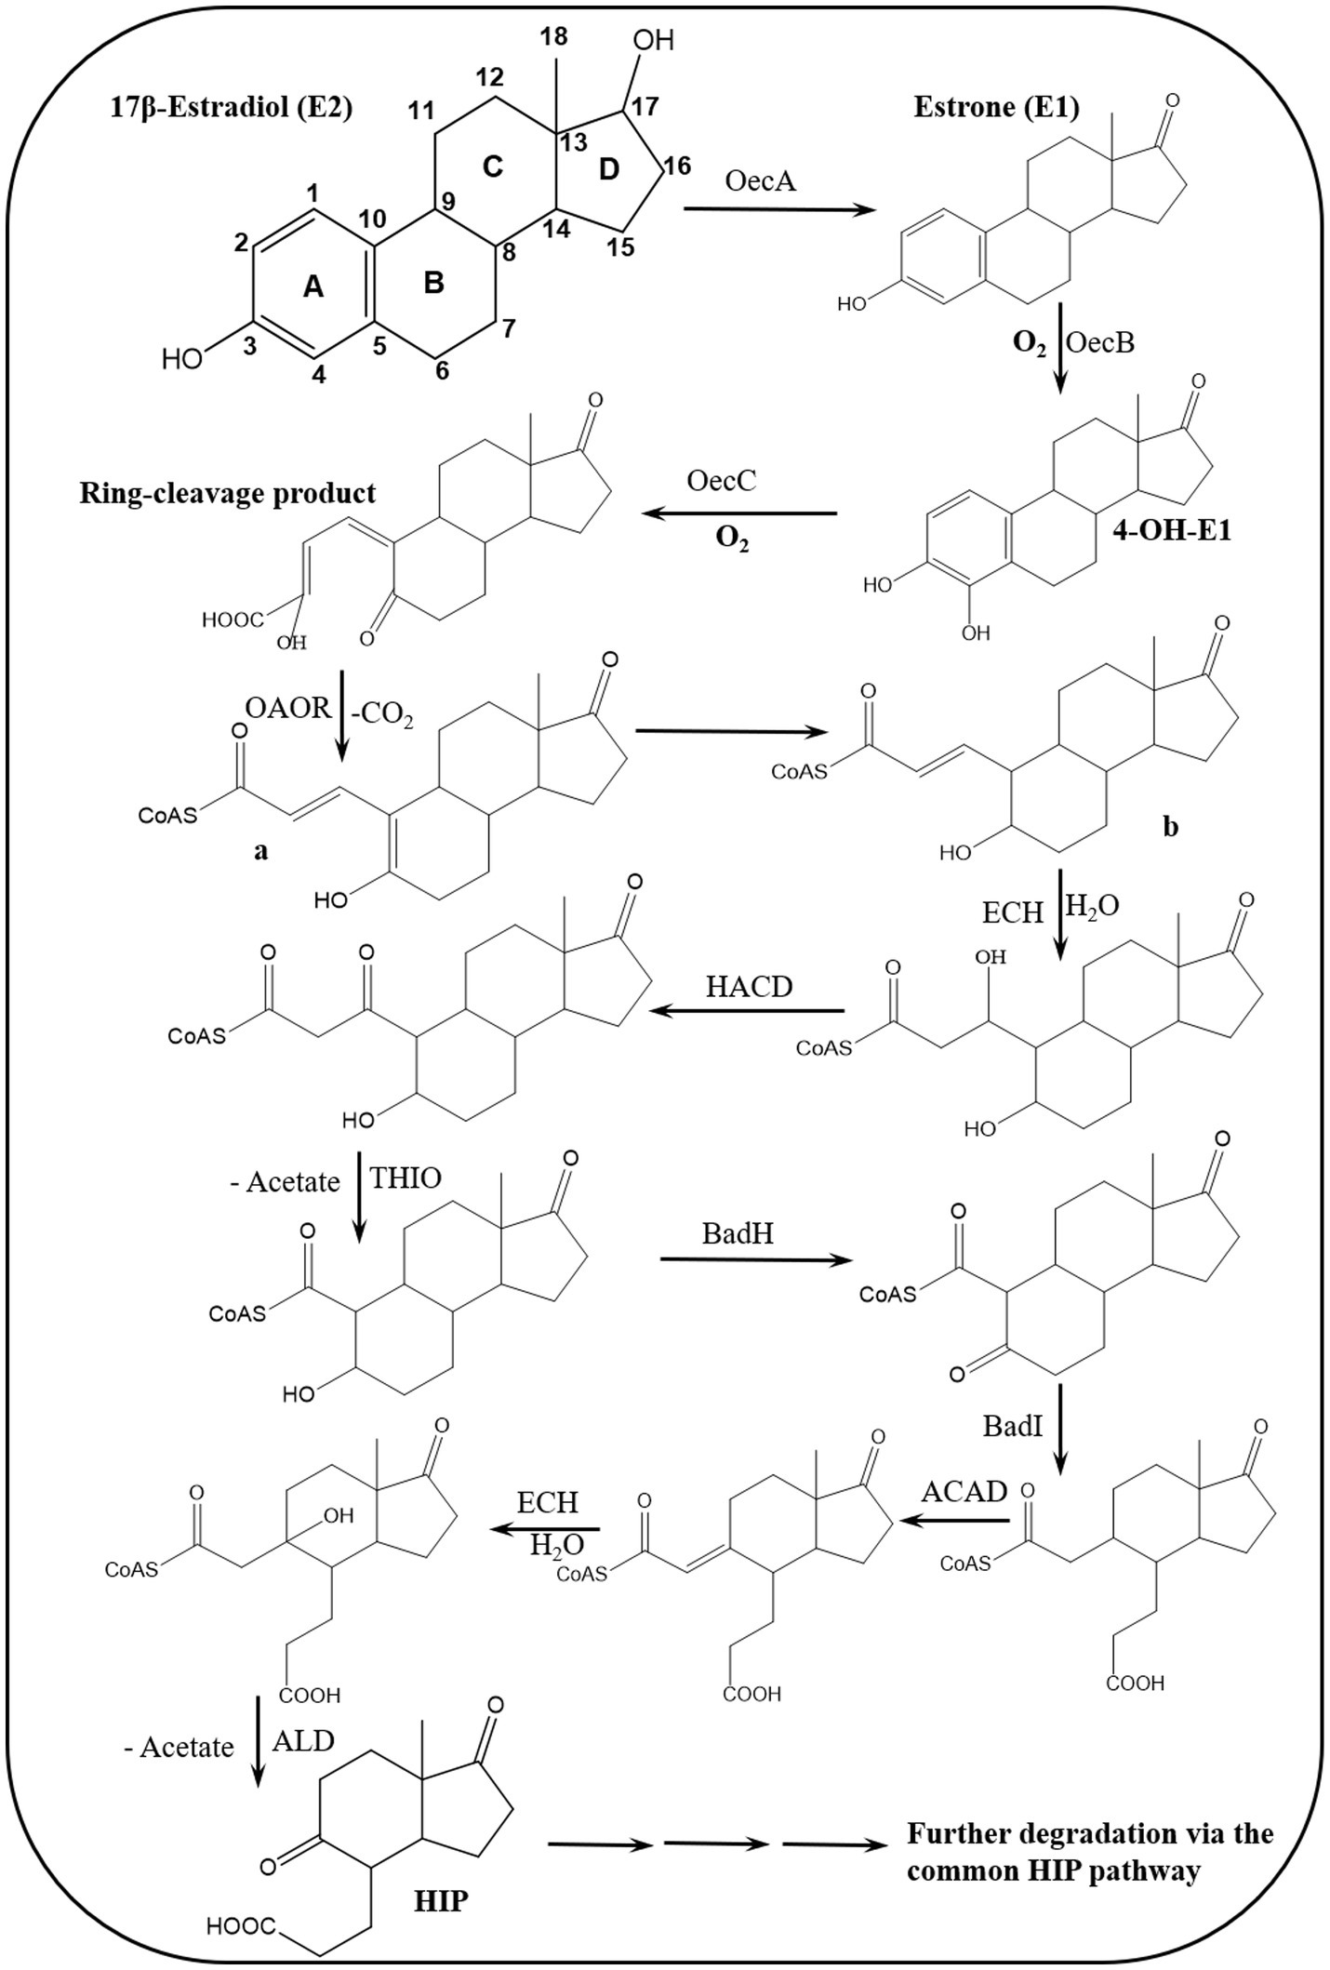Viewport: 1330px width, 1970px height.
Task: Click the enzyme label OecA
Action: [x=761, y=180]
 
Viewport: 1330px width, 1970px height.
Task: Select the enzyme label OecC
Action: [x=721, y=481]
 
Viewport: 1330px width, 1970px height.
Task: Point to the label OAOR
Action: [x=287, y=708]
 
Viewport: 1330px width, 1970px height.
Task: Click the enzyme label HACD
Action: [x=749, y=987]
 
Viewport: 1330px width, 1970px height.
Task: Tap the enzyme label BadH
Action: [x=738, y=1234]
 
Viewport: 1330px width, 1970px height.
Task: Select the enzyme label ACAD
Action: [x=964, y=1490]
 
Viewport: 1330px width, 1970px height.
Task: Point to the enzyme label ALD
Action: [x=303, y=1741]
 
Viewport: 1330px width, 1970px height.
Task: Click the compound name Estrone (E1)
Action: [x=996, y=108]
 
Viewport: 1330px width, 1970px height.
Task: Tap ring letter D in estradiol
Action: [x=608, y=170]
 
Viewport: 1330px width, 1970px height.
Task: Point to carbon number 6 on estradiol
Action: [x=442, y=370]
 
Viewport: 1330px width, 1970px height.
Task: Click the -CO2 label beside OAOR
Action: [x=384, y=716]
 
